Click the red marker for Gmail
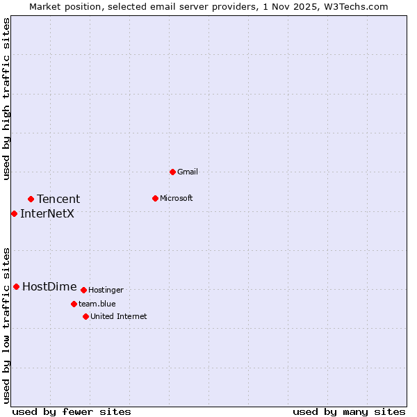[x=172, y=172]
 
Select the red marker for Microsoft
[x=155, y=198]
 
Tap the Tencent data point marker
[x=31, y=199]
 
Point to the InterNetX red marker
[x=14, y=213]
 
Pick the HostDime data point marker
[x=16, y=286]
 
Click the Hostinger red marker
[x=83, y=290]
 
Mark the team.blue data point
[x=74, y=304]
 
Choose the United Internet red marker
[x=85, y=316]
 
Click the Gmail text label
[x=188, y=172]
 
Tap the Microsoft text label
[x=177, y=198]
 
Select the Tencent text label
[x=58, y=199]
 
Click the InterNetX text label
[x=47, y=213]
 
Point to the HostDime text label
[x=49, y=286]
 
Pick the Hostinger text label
[x=106, y=290]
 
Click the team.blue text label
[x=97, y=304]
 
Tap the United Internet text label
[x=119, y=316]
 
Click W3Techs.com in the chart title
[x=353, y=6]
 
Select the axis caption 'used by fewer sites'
[x=72, y=411]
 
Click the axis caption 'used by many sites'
[x=349, y=411]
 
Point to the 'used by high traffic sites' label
[x=6, y=99]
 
